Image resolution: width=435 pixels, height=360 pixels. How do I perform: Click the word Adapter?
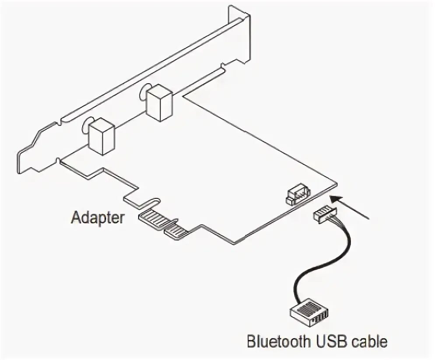coord(97,217)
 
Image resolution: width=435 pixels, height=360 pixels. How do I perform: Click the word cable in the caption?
coord(370,341)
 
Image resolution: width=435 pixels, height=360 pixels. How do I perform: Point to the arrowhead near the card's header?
coord(335,200)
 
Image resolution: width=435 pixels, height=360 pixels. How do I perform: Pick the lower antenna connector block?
coord(102,135)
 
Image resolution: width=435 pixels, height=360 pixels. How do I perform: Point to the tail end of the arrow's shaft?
coord(370,217)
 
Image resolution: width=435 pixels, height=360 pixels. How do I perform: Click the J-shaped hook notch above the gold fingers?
coord(142,202)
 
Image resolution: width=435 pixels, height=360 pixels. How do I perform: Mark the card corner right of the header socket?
coord(337,184)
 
